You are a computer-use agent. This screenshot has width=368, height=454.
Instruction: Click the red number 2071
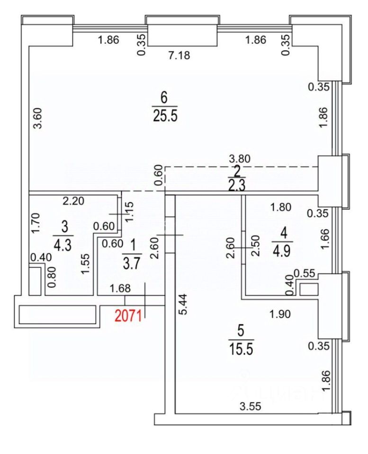pos(128,316)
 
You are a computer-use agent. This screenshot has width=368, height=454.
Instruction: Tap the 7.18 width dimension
pos(180,55)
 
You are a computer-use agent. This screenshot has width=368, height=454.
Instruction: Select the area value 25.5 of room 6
pos(164,116)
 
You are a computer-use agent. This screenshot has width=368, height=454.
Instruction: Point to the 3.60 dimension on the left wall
pos(38,118)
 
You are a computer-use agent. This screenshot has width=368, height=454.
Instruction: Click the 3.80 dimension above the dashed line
pos(240,159)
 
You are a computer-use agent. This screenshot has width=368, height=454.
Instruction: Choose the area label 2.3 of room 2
pos(237,185)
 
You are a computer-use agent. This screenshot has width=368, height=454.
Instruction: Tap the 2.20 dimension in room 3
pos(74,201)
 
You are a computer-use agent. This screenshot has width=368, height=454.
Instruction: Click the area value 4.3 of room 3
pos(63,244)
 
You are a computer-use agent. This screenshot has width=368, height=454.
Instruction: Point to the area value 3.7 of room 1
pos(132,263)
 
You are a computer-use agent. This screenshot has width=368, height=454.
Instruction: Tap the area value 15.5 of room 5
pos(241,349)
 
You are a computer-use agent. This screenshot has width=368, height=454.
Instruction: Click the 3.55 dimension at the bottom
pos(250,407)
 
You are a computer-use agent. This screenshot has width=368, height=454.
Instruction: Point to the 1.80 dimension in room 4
pos(280,207)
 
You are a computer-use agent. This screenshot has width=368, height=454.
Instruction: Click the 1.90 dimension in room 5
pos(280,314)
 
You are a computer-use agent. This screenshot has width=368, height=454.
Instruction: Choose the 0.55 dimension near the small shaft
pos(305,273)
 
